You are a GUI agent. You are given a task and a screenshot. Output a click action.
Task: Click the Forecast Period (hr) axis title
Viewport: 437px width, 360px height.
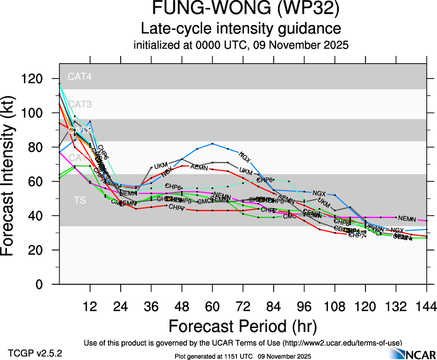pos(242,326)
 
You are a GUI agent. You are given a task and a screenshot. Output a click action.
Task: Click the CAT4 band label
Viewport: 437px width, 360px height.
pos(79,77)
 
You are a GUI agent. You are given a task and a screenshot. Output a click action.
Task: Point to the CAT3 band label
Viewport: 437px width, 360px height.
pos(79,105)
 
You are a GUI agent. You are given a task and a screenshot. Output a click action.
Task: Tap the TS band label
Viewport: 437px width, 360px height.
pos(79,200)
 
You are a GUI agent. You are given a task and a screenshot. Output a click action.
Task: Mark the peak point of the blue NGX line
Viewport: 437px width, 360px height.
pos(212,144)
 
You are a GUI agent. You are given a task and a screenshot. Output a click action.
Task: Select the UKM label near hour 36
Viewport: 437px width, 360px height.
pos(161,166)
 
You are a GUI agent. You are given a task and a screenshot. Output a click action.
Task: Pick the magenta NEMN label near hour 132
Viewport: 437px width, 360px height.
pos(407,218)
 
